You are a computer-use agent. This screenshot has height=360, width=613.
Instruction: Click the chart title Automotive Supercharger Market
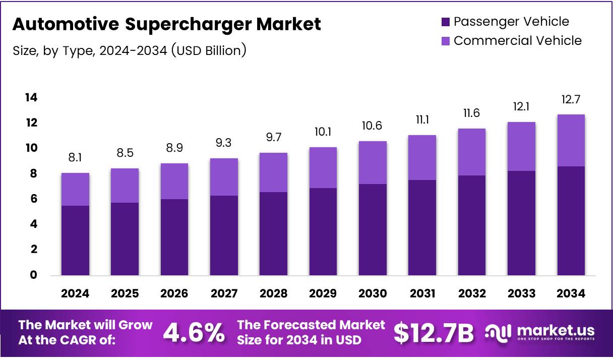click(x=166, y=24)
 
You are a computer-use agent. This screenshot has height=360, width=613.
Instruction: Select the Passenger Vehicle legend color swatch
click(x=445, y=22)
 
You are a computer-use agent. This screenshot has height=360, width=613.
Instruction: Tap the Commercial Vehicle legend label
click(x=517, y=41)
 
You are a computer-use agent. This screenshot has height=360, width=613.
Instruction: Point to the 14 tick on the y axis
click(x=31, y=97)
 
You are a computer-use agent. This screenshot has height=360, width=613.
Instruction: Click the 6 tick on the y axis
click(x=33, y=199)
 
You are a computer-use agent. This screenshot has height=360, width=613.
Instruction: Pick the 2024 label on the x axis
click(x=75, y=293)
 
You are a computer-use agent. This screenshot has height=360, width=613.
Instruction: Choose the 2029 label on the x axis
click(x=323, y=293)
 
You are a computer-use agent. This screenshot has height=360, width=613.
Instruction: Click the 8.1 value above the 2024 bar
click(x=75, y=158)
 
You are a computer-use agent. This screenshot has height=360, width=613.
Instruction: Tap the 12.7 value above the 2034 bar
click(x=571, y=99)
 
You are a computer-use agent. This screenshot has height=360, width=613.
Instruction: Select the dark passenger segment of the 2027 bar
click(x=224, y=235)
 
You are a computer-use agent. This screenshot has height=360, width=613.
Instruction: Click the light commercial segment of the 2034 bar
click(x=571, y=140)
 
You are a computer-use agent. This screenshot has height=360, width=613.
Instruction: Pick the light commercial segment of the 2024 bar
click(x=75, y=189)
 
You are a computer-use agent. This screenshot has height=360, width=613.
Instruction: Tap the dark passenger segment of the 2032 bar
click(x=471, y=225)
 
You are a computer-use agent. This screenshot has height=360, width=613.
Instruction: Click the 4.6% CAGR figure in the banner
click(x=194, y=333)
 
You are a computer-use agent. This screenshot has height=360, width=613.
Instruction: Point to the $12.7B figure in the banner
click(x=434, y=333)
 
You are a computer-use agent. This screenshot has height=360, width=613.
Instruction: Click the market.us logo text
click(x=553, y=331)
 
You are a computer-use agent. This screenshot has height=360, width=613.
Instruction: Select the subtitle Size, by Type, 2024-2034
click(x=129, y=50)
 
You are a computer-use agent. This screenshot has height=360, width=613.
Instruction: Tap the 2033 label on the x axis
click(x=521, y=293)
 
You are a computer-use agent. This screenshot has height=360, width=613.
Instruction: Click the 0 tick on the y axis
click(x=33, y=275)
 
